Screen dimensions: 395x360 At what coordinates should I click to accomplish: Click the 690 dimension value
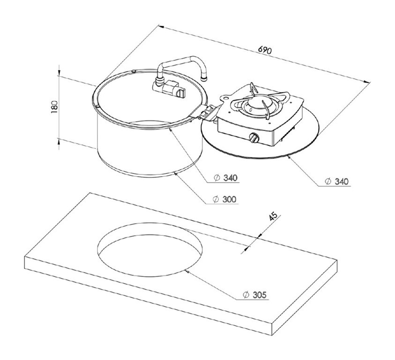(x=265, y=50)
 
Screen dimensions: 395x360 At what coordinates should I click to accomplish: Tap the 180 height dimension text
(x=54, y=106)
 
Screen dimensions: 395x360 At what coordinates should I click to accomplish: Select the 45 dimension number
(x=273, y=216)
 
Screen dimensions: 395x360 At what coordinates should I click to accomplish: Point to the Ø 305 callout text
(x=254, y=294)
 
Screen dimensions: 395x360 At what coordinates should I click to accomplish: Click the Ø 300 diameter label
(x=225, y=199)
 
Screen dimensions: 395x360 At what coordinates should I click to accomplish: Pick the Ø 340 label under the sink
(x=225, y=178)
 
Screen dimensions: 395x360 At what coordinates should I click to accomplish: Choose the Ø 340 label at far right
(x=336, y=181)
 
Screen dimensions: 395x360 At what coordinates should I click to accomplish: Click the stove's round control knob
(x=254, y=138)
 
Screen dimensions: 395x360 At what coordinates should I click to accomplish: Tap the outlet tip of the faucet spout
(x=204, y=79)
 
